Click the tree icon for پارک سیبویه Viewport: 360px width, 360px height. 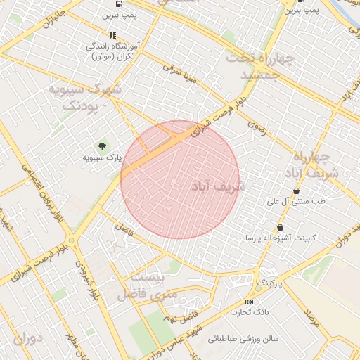point(103,146)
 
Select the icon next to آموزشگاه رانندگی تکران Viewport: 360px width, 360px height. point(112,34)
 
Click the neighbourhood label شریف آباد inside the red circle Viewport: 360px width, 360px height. point(219,186)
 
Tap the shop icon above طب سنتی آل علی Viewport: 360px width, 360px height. point(296,191)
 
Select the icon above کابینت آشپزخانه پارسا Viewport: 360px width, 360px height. point(281,227)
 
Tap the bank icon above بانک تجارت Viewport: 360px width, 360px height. point(249,300)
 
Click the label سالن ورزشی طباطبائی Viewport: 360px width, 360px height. point(243,339)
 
